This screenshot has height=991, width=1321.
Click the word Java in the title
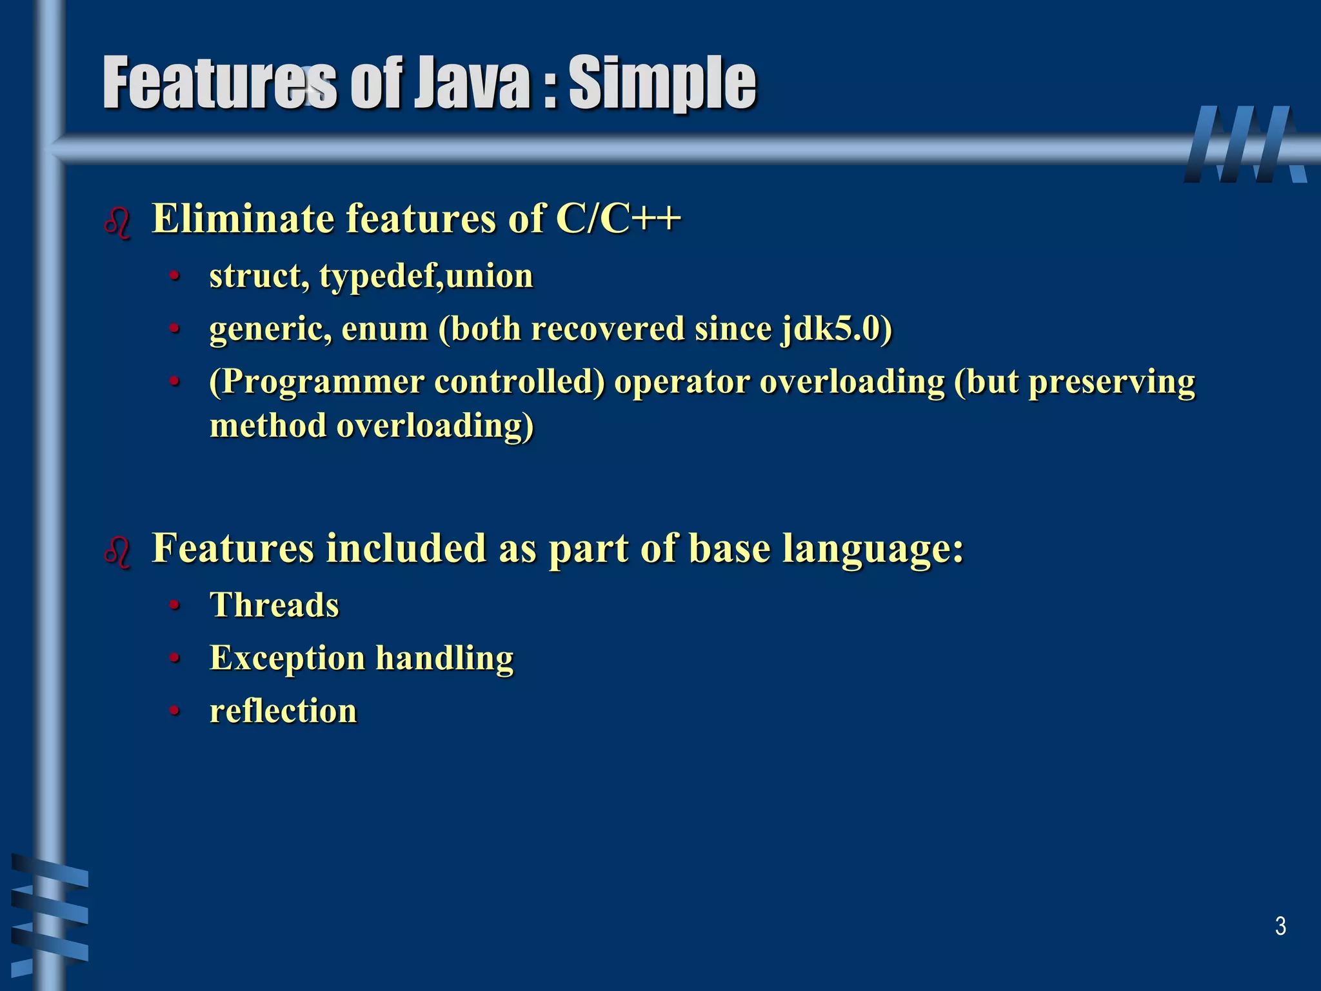pyautogui.click(x=472, y=83)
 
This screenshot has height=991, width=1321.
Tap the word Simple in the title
pyautogui.click(x=662, y=83)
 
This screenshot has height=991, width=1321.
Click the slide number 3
pyautogui.click(x=1280, y=926)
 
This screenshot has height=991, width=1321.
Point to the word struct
pyautogui.click(x=255, y=276)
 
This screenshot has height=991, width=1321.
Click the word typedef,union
pyautogui.click(x=426, y=276)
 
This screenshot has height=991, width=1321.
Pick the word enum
pyautogui.click(x=385, y=329)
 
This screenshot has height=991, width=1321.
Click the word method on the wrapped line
pyautogui.click(x=268, y=426)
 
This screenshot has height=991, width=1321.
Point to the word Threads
pyautogui.click(x=274, y=605)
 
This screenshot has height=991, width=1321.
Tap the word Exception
pyautogui.click(x=288, y=658)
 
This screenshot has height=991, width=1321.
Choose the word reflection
pyautogui.click(x=283, y=711)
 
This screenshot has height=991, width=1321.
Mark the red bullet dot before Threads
pyautogui.click(x=174, y=606)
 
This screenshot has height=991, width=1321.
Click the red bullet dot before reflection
pyautogui.click(x=174, y=712)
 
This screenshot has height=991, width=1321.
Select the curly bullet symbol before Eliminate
pyautogui.click(x=117, y=223)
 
